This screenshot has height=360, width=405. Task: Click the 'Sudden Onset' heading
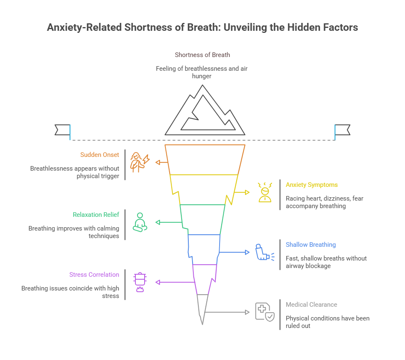point(100,155)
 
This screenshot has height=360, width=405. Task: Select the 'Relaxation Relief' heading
point(96,215)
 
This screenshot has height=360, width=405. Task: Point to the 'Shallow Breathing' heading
point(310,245)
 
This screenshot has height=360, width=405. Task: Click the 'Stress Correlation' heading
point(94,275)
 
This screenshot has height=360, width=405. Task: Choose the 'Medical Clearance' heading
point(311,305)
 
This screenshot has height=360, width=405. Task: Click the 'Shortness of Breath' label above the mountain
point(202,55)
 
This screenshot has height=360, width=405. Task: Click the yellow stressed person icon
point(265,192)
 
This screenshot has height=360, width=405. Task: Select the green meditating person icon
point(140,222)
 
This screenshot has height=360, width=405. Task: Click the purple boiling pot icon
point(140,282)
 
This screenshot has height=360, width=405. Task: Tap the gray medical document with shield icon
point(265,312)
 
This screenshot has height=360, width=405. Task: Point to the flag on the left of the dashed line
point(62,130)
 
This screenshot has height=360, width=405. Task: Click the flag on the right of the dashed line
point(342,130)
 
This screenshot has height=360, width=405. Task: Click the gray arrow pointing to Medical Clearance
point(227,312)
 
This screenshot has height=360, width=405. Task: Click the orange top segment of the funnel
point(205,159)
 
